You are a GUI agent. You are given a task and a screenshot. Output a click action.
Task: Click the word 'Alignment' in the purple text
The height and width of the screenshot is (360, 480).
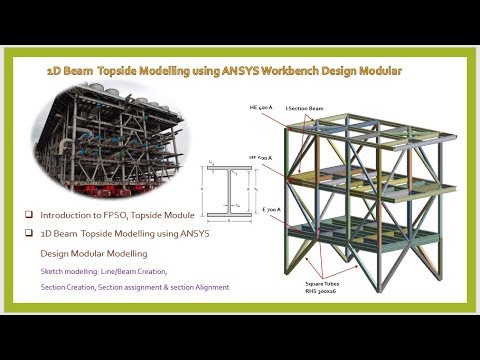tap(210, 287)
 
